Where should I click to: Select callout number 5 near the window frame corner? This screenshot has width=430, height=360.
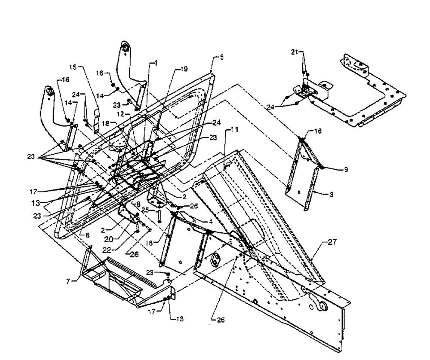221,57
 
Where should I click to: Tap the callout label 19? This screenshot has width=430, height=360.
184,68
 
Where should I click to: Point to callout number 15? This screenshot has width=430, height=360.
72,68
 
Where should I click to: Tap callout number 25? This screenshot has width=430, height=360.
145,211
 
